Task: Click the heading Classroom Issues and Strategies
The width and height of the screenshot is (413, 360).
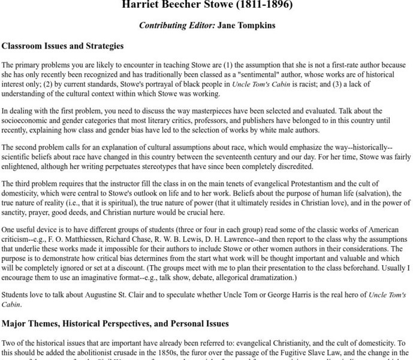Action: click(x=62, y=46)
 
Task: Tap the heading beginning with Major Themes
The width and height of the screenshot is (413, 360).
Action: click(x=115, y=323)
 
